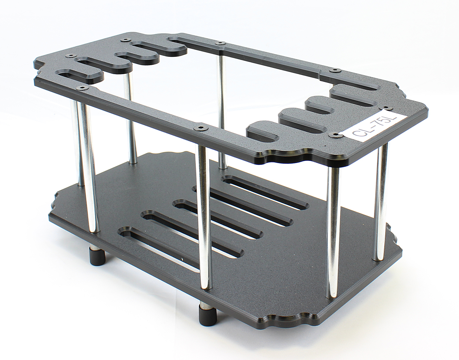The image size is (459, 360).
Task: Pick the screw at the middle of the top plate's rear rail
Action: (x=220, y=43)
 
